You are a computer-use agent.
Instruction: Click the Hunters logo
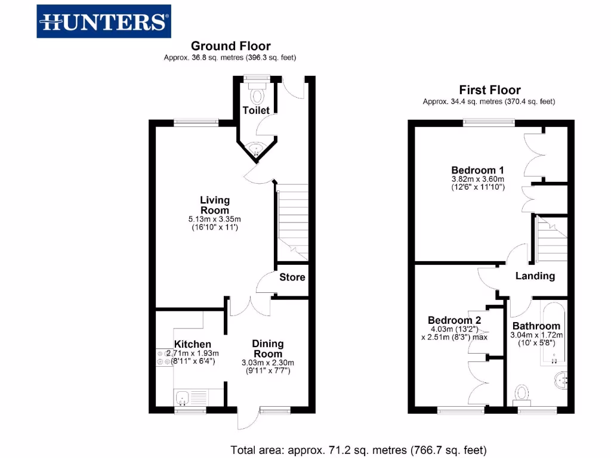(x=104, y=21)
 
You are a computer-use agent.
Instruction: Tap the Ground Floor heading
(x=230, y=46)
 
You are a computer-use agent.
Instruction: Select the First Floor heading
(x=490, y=90)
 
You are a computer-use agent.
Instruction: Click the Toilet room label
(x=256, y=110)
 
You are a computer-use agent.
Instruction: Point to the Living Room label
(x=215, y=205)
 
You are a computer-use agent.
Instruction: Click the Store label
(x=292, y=277)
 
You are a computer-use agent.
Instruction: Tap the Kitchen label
(x=192, y=344)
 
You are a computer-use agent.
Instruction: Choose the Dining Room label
(x=268, y=348)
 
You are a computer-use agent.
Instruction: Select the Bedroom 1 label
(x=478, y=169)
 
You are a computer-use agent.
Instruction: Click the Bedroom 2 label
(x=454, y=320)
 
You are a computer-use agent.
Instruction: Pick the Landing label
(x=535, y=276)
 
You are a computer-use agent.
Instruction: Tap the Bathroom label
(x=536, y=326)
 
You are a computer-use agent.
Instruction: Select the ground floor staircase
(x=292, y=221)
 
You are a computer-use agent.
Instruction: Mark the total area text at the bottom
(x=359, y=450)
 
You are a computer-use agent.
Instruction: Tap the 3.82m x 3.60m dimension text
(x=478, y=179)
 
